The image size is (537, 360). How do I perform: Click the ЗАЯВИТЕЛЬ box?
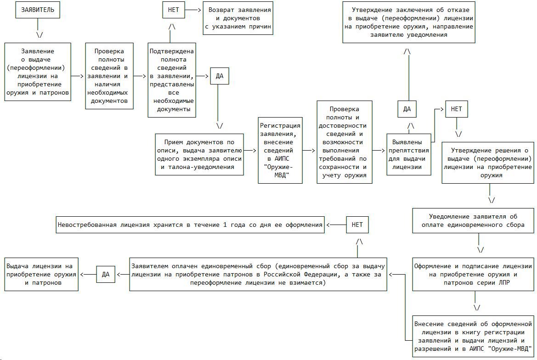coord(38,10)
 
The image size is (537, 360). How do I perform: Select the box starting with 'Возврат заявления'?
coord(239,18)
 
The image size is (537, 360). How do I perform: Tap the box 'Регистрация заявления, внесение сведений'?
coord(280,150)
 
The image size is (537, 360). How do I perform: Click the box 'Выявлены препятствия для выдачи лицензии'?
coord(409,154)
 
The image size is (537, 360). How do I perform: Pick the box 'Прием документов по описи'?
coord(198,154)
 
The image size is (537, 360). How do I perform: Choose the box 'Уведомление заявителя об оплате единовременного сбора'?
coord(473,221)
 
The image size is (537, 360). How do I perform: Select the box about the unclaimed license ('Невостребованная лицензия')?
coord(190,225)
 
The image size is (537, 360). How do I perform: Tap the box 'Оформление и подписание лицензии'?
coord(473,274)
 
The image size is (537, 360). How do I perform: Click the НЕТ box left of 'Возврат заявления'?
coord(174,10)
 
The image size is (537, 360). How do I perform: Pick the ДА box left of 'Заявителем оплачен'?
coord(106,274)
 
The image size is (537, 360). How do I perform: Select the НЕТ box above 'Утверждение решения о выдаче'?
coord(457,109)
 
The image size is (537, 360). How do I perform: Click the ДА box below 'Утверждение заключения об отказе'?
coord(407,109)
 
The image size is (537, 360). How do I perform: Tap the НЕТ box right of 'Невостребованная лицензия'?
coord(357,225)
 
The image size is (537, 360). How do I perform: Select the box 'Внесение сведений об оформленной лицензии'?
coord(473,336)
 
